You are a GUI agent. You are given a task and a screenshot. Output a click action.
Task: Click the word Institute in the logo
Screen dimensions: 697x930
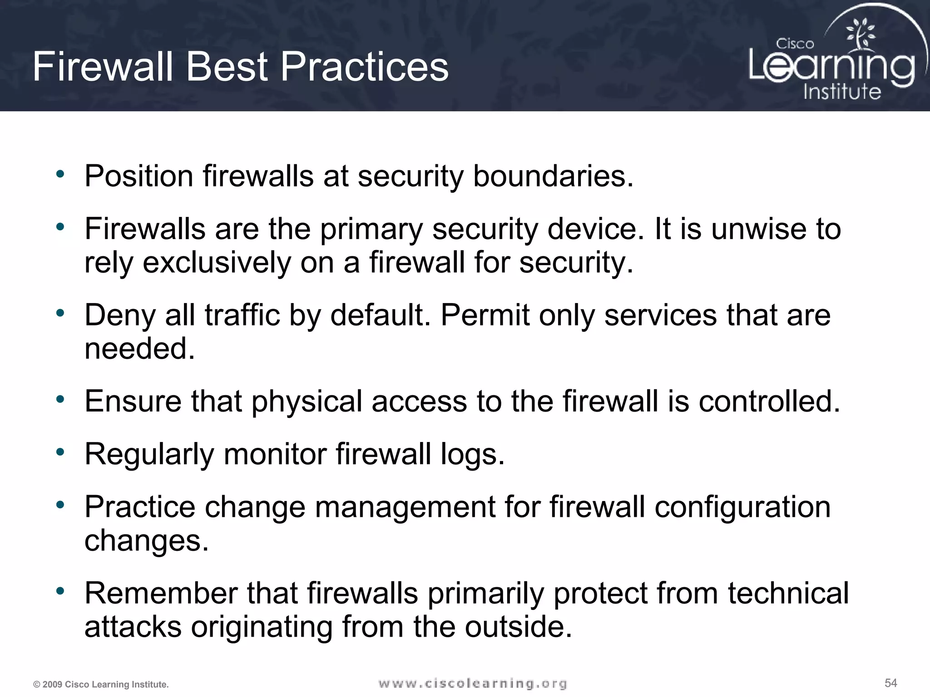point(842,92)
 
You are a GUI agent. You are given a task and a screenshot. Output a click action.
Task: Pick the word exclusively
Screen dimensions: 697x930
point(216,263)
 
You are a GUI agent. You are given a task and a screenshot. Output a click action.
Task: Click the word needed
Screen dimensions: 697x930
point(139,349)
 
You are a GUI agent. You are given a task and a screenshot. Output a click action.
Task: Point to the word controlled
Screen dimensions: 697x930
point(769,402)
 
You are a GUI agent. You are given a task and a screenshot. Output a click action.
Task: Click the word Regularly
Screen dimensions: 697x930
point(149,454)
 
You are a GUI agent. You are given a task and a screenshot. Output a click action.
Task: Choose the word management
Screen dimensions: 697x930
point(405,507)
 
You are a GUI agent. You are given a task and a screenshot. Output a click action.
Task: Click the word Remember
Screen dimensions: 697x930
point(161,593)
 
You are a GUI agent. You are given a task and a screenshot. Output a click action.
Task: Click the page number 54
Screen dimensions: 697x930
point(890,683)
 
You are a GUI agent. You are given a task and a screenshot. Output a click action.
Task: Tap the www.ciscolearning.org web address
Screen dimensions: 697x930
point(472,683)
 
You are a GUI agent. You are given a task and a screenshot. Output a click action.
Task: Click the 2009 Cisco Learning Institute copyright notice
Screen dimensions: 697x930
point(101,684)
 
